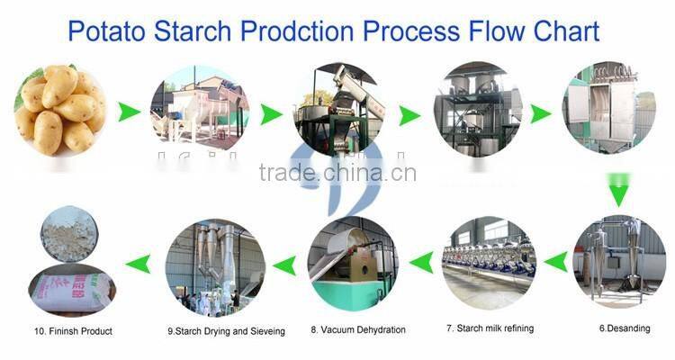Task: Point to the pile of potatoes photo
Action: [x=59, y=112]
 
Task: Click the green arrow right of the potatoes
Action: [x=129, y=113]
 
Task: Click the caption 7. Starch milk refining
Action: [x=490, y=328]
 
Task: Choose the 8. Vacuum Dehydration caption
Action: [x=358, y=330]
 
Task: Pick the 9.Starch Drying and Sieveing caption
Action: [x=226, y=331]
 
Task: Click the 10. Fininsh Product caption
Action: [x=73, y=331]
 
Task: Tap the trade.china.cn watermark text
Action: [x=337, y=172]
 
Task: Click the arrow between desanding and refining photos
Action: [x=555, y=262]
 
